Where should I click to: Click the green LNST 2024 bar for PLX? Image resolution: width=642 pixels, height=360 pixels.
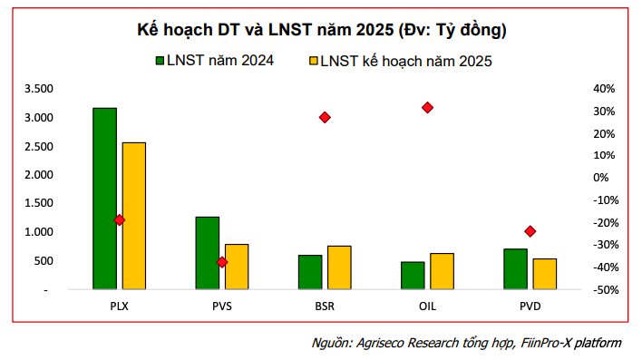click(x=104, y=199)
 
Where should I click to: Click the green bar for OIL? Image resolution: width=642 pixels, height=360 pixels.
click(x=413, y=276)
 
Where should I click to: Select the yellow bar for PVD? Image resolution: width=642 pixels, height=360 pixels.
click(x=544, y=274)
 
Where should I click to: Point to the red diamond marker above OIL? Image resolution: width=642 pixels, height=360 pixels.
click(x=427, y=108)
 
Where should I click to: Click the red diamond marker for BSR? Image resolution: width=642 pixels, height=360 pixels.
click(x=325, y=118)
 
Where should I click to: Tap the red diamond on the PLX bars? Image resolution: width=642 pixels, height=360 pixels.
click(x=119, y=220)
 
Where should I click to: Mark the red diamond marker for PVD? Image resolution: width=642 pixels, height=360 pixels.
click(x=530, y=231)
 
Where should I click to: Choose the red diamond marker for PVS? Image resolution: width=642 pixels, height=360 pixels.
click(x=222, y=262)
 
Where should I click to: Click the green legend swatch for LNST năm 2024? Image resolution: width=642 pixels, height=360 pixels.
click(x=161, y=61)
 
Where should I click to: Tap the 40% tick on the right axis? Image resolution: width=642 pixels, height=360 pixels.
click(x=604, y=89)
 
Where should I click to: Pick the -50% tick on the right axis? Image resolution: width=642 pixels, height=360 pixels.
click(x=603, y=289)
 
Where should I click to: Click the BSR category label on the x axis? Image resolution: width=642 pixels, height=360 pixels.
click(x=325, y=306)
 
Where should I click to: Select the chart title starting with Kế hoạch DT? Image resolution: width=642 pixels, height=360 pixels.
click(x=321, y=30)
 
